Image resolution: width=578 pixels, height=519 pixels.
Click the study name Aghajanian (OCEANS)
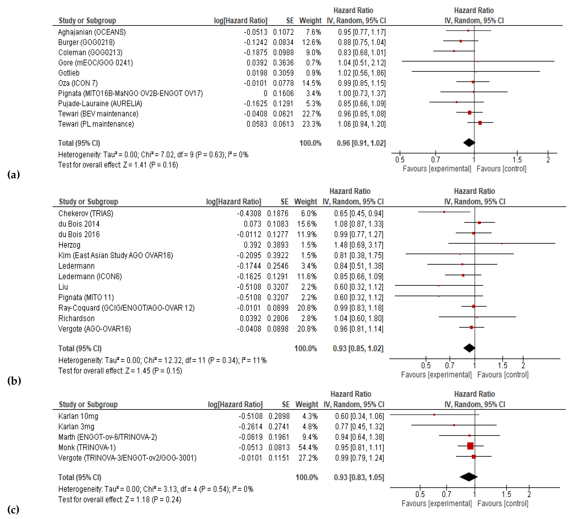[x=92, y=32]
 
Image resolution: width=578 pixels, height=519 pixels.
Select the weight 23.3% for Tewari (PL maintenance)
[x=312, y=124]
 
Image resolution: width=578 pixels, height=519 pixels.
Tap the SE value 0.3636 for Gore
[x=283, y=63]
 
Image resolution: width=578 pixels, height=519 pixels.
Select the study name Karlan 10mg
[x=78, y=416]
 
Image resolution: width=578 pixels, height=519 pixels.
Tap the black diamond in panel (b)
[x=469, y=348]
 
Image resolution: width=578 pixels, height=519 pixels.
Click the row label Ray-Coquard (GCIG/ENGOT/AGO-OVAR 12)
[x=126, y=308]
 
